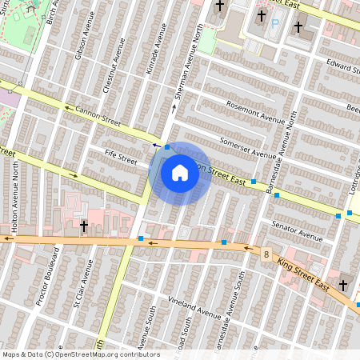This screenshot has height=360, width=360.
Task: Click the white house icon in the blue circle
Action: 180,173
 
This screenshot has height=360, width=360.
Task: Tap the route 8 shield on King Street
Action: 265,254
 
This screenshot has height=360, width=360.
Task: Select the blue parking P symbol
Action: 274,24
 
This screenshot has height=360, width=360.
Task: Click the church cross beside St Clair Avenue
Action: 83,227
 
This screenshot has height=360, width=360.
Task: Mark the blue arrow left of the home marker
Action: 155,145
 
